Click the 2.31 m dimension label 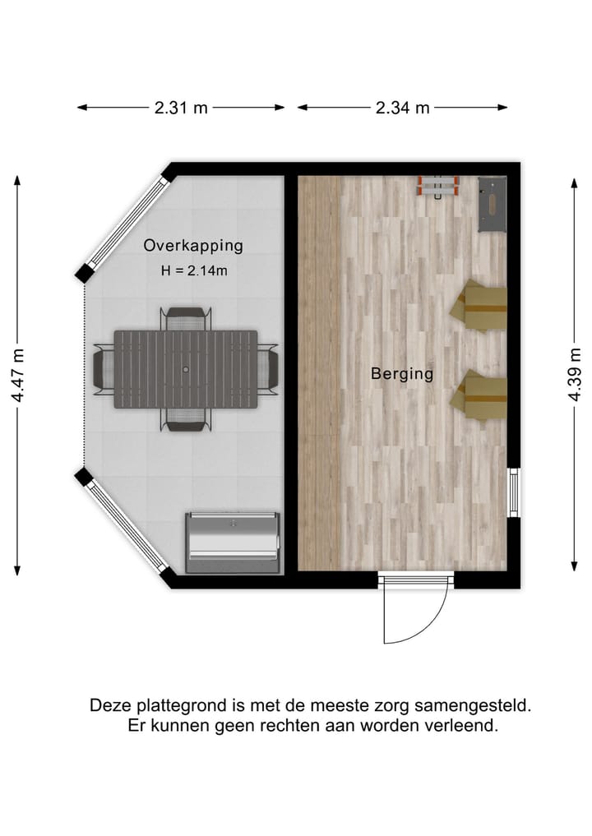click(180, 108)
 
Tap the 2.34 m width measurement click(402, 108)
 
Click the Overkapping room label click(193, 245)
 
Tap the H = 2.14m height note click(193, 270)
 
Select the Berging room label click(401, 374)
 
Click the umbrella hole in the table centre click(186, 370)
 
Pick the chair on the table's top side click(186, 317)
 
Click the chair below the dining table click(186, 421)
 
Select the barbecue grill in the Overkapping click(233, 543)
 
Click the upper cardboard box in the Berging click(479, 306)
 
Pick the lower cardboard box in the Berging click(479, 395)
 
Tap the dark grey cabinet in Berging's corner click(493, 205)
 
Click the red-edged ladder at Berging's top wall click(438, 187)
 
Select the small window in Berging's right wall click(514, 492)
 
